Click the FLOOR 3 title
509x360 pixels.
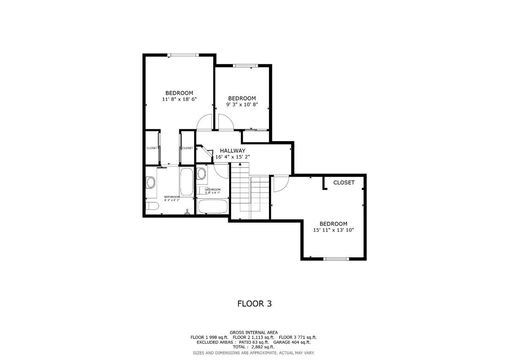[x=254, y=304]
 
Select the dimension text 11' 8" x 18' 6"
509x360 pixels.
[x=179, y=99]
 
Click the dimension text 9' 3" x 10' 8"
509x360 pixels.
[x=242, y=105]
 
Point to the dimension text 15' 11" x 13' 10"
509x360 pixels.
[x=333, y=230]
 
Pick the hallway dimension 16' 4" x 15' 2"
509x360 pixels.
[x=232, y=157]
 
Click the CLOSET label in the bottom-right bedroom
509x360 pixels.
[x=344, y=183]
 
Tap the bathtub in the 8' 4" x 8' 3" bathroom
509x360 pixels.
[x=186, y=182]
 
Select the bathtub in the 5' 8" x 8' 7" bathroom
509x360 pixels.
[x=212, y=207]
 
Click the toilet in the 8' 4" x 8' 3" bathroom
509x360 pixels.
[x=152, y=206]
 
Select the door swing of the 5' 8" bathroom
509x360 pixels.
[x=221, y=171]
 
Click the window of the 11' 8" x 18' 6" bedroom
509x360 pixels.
[x=183, y=55]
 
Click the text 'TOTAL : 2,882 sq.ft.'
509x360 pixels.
[x=254, y=347]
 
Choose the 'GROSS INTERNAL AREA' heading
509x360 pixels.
[x=254, y=332]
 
